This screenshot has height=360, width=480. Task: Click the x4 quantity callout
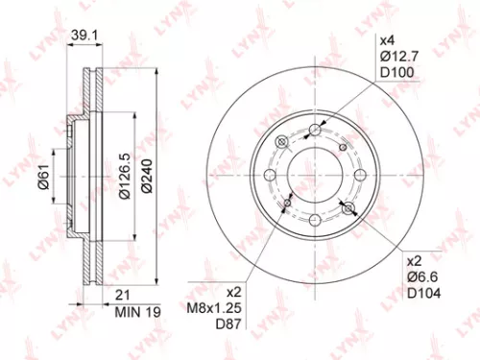pos(387,41)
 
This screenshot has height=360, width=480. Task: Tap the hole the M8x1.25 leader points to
pos(287,204)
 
